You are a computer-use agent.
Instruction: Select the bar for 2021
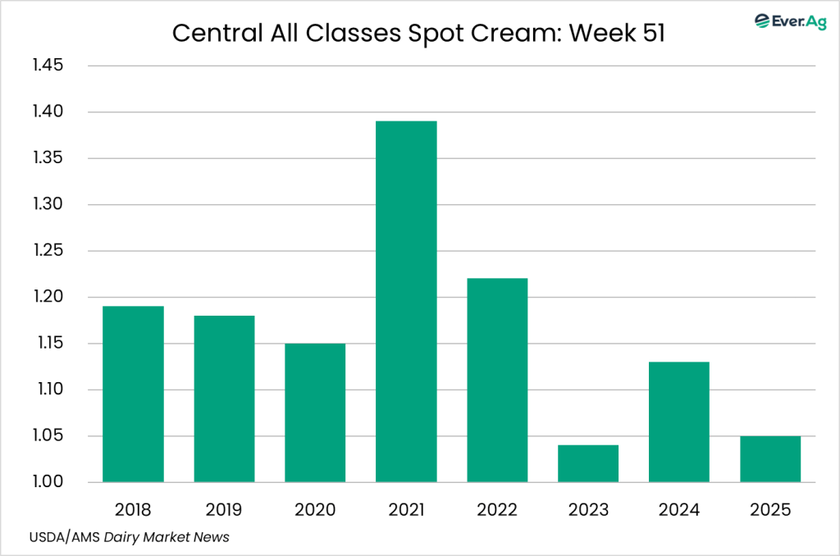click(406, 301)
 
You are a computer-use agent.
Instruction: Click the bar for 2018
click(133, 394)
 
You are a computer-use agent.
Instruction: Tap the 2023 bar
click(588, 463)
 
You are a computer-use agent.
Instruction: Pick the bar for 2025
click(770, 458)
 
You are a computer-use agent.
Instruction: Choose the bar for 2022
click(497, 380)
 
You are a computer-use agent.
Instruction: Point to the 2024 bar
click(679, 422)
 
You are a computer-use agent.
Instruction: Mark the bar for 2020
click(315, 412)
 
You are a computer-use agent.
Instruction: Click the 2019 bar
click(224, 399)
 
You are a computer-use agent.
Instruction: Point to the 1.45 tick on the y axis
click(48, 66)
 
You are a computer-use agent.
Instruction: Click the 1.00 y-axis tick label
click(48, 482)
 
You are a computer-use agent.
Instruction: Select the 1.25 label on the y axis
click(48, 251)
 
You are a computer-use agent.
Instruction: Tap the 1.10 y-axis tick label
click(48, 390)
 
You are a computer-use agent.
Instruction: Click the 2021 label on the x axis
click(406, 510)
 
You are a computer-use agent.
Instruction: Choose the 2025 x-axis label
click(770, 510)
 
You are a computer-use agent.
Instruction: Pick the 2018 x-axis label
click(133, 510)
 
